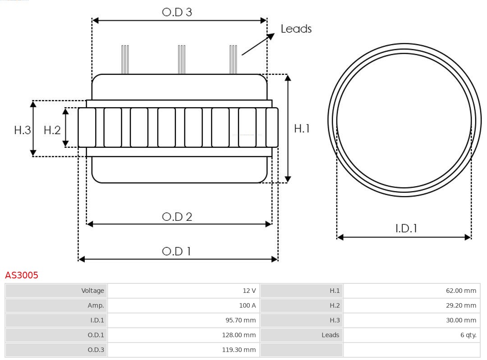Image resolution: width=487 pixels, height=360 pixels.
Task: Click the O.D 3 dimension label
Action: tap(177, 12)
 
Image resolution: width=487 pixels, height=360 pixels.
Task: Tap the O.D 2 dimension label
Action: tap(177, 217)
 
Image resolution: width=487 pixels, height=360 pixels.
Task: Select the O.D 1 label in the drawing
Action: tap(176, 251)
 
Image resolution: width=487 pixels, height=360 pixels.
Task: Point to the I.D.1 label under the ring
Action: tap(406, 228)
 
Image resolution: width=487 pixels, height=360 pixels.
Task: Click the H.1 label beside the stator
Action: tap(302, 128)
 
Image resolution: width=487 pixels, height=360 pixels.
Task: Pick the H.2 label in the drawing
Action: tap(52, 130)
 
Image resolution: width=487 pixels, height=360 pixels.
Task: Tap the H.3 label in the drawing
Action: tap(22, 130)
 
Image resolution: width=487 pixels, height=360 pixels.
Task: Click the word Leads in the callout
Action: tap(296, 29)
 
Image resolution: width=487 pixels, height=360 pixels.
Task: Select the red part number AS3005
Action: tap(22, 275)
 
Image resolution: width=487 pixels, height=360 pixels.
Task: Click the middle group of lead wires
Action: tap(181, 59)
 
